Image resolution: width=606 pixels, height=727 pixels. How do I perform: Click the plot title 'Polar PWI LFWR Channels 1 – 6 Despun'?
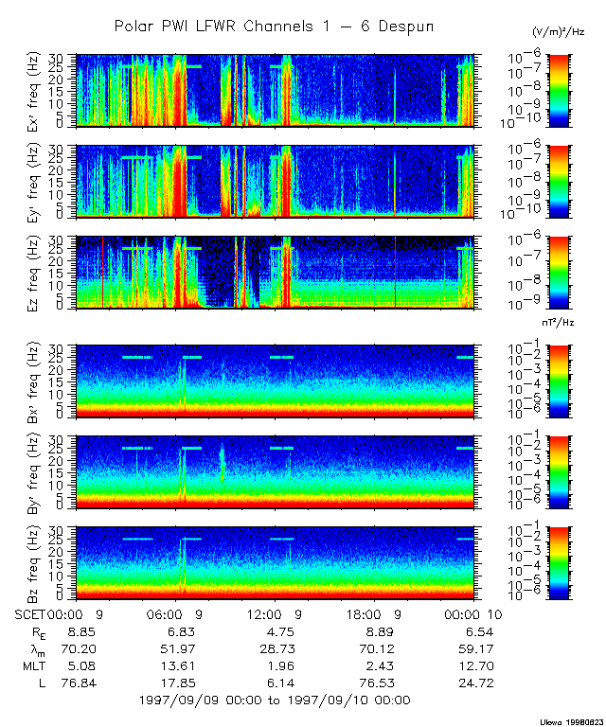pyautogui.click(x=275, y=27)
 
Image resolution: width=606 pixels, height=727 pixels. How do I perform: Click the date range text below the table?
pyautogui.click(x=275, y=700)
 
